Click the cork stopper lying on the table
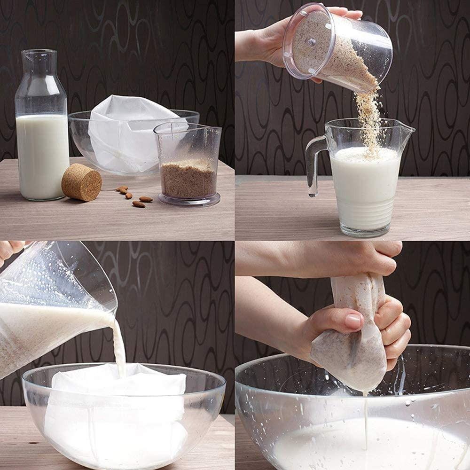click(81, 182)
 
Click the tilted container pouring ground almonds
click(338, 47)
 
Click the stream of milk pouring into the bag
click(118, 348)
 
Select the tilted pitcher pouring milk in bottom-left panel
click(52, 305)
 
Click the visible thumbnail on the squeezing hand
click(353, 321)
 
